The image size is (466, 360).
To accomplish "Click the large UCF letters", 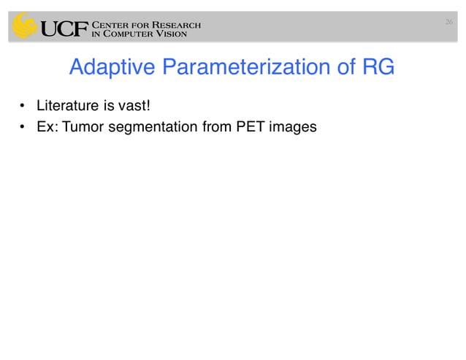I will pyautogui.click(x=63, y=28).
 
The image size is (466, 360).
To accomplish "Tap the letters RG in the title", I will pyautogui.click(x=378, y=68).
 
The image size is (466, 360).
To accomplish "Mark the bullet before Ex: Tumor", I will pyautogui.click(x=24, y=128).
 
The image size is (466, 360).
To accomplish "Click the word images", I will pyautogui.click(x=292, y=128).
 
